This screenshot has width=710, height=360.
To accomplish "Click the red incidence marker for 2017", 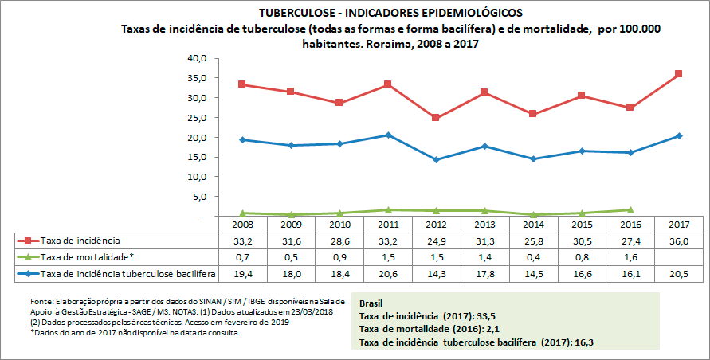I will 678,74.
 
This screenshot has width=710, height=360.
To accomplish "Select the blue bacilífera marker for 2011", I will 387,135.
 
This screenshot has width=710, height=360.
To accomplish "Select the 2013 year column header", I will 484,225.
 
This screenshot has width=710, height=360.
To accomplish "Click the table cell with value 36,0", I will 678,240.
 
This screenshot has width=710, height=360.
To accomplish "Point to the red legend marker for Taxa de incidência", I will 29,240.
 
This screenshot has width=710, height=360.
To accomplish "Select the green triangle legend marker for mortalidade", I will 29,257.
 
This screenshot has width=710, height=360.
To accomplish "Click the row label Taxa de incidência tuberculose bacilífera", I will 128,275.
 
